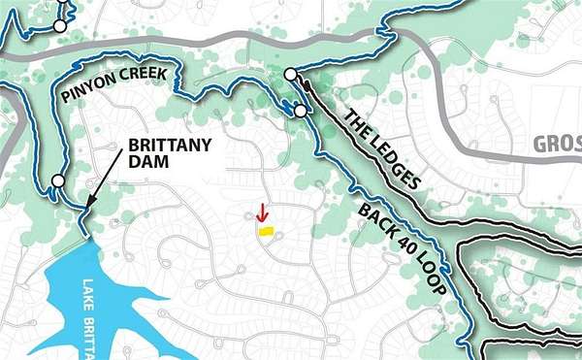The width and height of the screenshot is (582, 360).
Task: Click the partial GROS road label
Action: click(557, 146)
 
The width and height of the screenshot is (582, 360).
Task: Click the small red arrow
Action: click(261, 213)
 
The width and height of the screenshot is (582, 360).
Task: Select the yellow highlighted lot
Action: click(265, 231)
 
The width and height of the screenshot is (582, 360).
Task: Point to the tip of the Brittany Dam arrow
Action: click(85, 210)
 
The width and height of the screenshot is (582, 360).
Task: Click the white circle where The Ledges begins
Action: click(290, 74)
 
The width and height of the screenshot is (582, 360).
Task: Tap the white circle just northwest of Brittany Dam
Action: click(58, 180)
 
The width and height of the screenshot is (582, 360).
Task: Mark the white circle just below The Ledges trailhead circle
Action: click(301, 112)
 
